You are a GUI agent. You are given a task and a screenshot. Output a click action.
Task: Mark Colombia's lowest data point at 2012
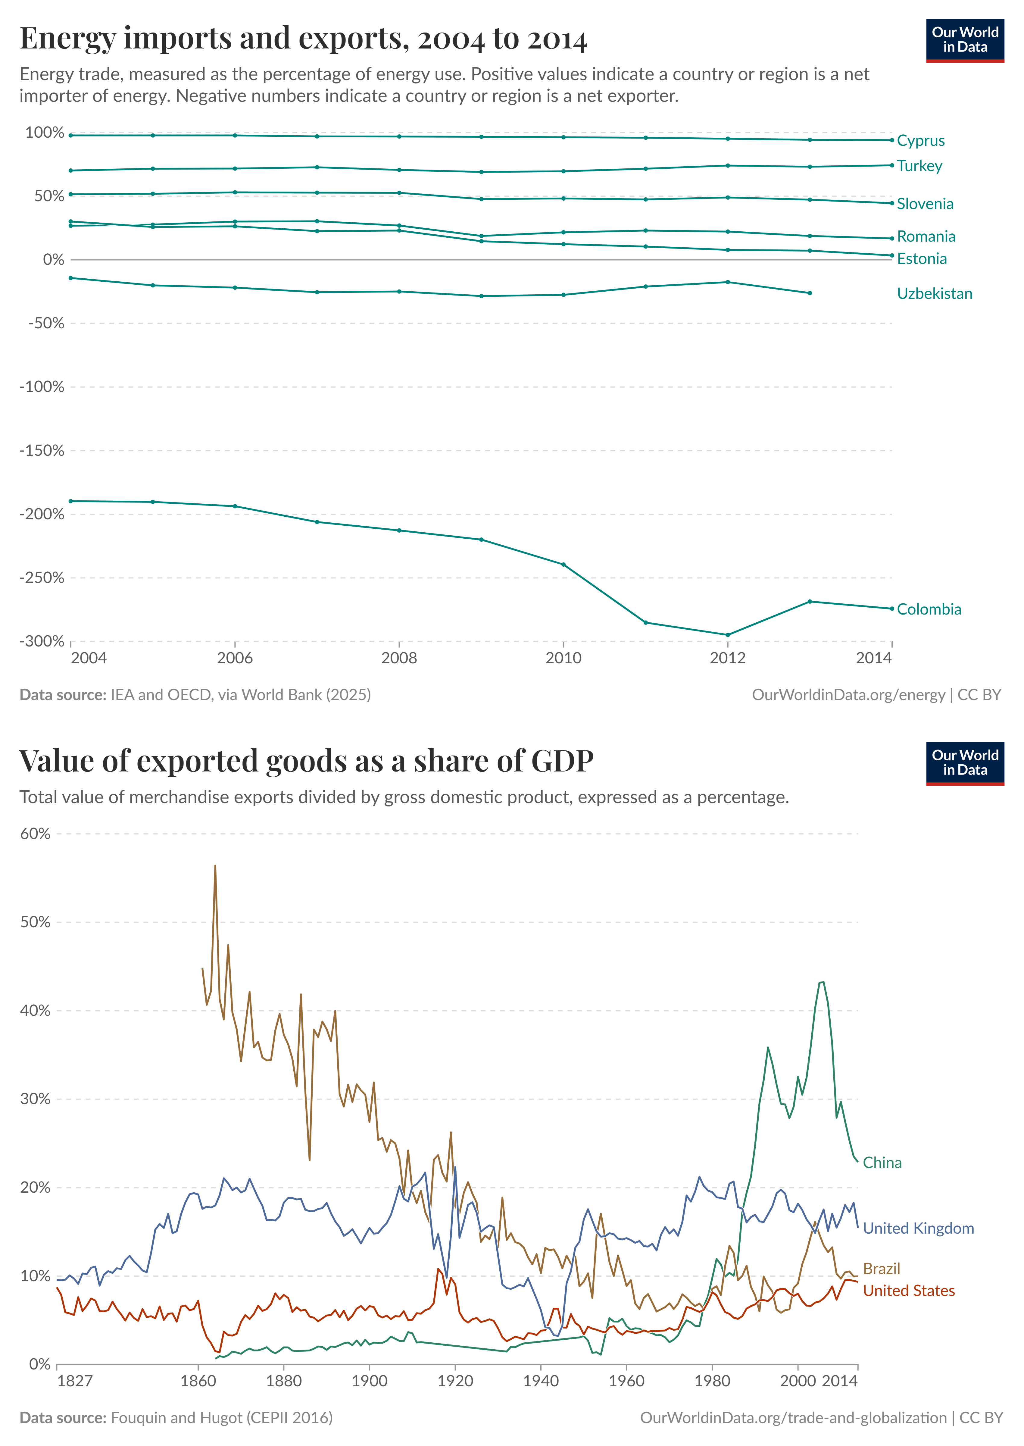click(x=728, y=635)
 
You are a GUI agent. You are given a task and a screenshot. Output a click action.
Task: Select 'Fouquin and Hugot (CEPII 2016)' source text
click(x=221, y=1418)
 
